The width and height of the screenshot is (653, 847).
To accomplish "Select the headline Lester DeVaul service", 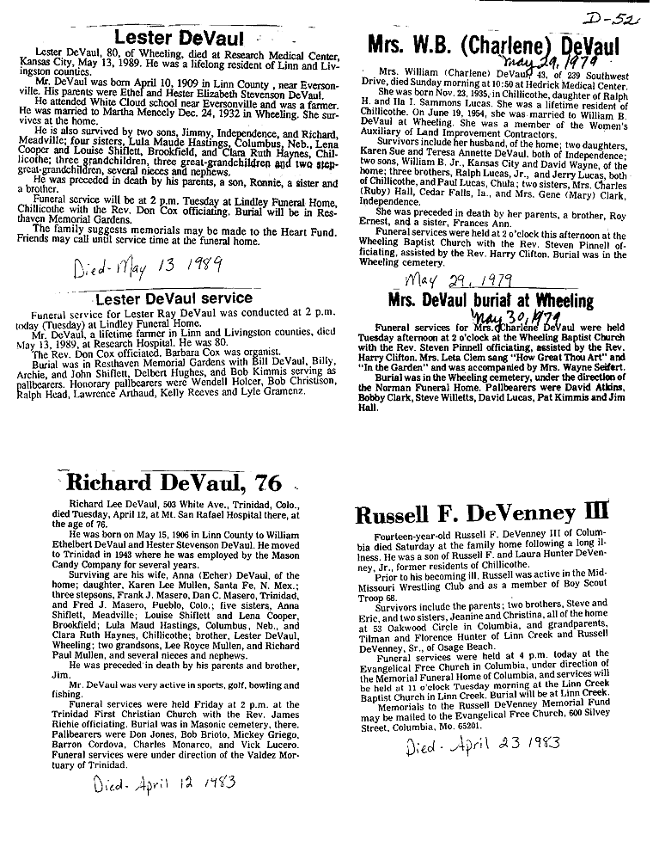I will tap(174, 298).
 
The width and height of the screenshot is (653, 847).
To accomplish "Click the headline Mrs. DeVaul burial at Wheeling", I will tap(491, 301).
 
